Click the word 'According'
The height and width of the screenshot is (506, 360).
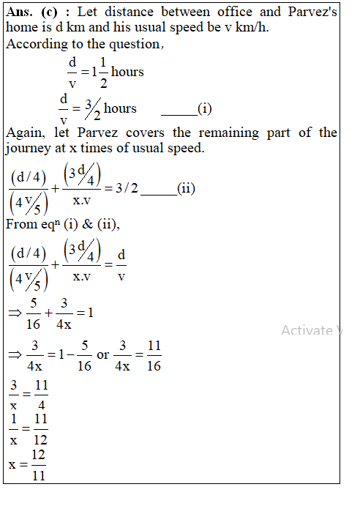click(x=34, y=45)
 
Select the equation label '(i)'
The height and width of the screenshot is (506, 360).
click(x=205, y=109)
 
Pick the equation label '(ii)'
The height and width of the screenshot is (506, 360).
click(x=187, y=188)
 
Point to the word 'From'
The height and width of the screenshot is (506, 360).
click(x=20, y=224)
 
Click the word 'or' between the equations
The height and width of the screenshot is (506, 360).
click(x=103, y=354)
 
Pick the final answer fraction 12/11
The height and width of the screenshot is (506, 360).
click(x=38, y=465)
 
